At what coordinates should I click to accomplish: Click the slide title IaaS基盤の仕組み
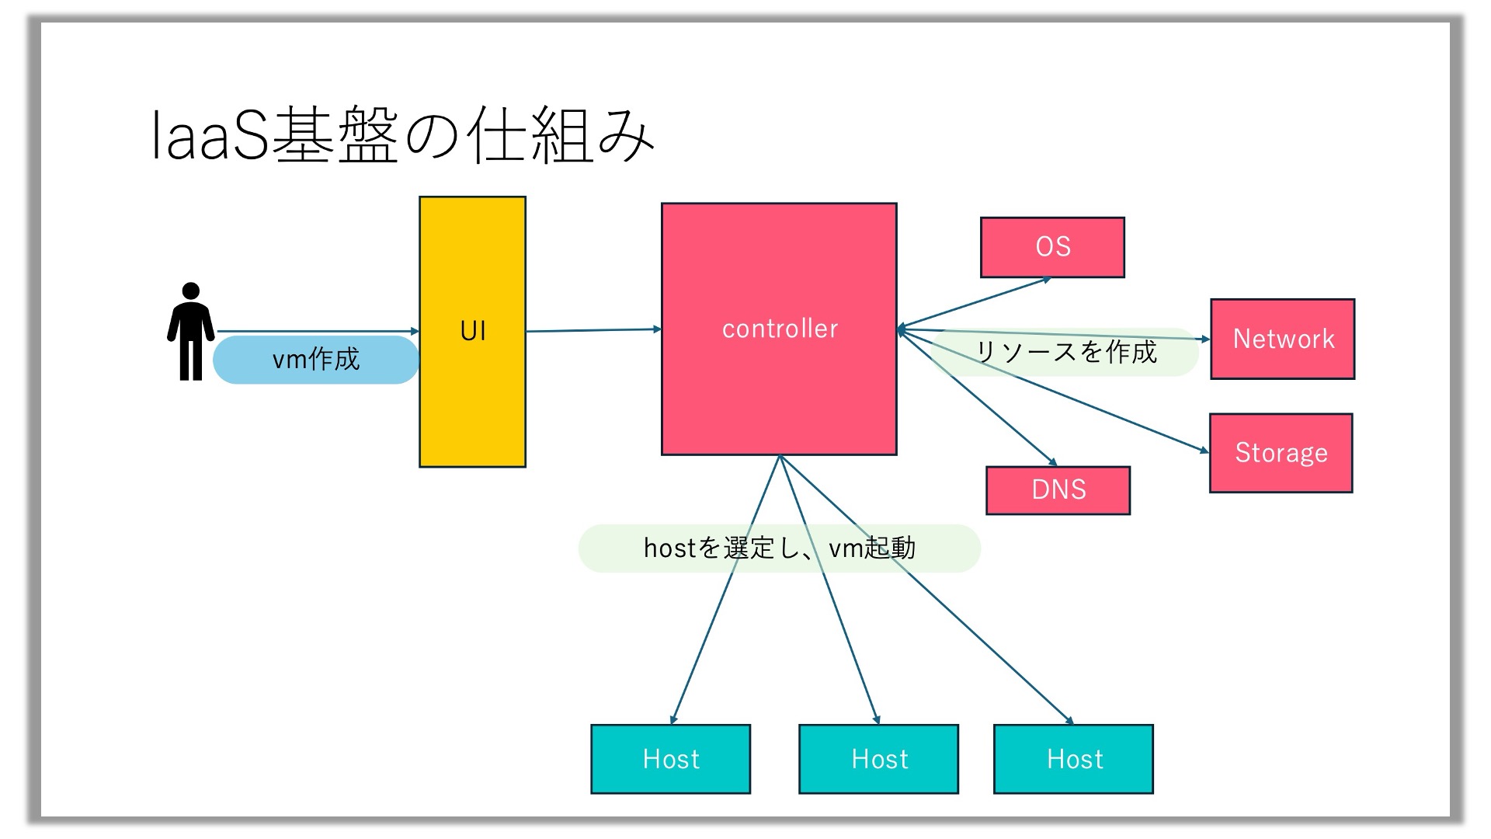(402, 136)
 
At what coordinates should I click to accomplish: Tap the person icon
(191, 332)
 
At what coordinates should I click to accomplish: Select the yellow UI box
(472, 332)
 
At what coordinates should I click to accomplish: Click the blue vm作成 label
(316, 360)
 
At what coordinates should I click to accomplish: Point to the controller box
(779, 329)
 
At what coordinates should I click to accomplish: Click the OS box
(1052, 247)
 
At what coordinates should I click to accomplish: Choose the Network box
(1283, 339)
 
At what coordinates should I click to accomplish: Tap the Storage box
(1281, 453)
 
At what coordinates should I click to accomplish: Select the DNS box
(1058, 490)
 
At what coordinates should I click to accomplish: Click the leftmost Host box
(671, 759)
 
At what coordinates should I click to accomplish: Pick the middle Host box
(879, 759)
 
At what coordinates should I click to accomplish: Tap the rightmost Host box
(1074, 759)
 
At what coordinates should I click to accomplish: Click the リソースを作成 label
(1065, 352)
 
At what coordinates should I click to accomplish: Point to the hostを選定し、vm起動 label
(780, 548)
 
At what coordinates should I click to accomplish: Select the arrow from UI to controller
(594, 330)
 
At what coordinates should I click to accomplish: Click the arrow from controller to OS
(975, 304)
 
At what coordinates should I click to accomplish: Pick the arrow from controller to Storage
(1054, 391)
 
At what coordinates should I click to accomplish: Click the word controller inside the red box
(780, 329)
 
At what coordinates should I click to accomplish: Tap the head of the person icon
(191, 291)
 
